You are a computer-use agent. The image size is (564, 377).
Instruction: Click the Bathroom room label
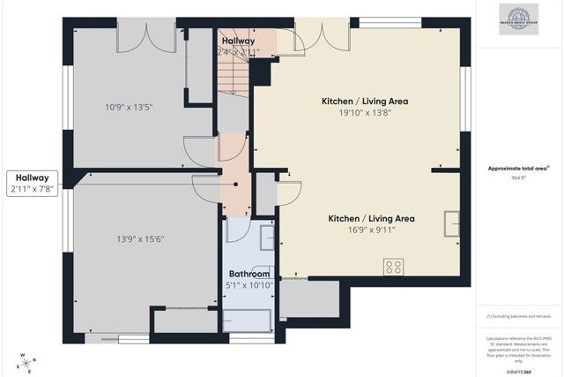[x=249, y=274]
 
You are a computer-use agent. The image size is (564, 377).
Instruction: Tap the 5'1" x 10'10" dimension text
[x=249, y=285]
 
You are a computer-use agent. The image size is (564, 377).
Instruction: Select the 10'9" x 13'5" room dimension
[x=129, y=108]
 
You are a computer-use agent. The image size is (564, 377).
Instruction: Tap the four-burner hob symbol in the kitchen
[x=394, y=265]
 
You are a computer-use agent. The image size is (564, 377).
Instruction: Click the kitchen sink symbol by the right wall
[x=452, y=223]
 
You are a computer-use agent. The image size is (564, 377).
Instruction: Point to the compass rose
[x=28, y=361]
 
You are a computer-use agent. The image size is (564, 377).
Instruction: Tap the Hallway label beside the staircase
[x=238, y=41]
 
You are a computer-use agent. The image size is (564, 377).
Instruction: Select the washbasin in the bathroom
[x=266, y=237]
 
